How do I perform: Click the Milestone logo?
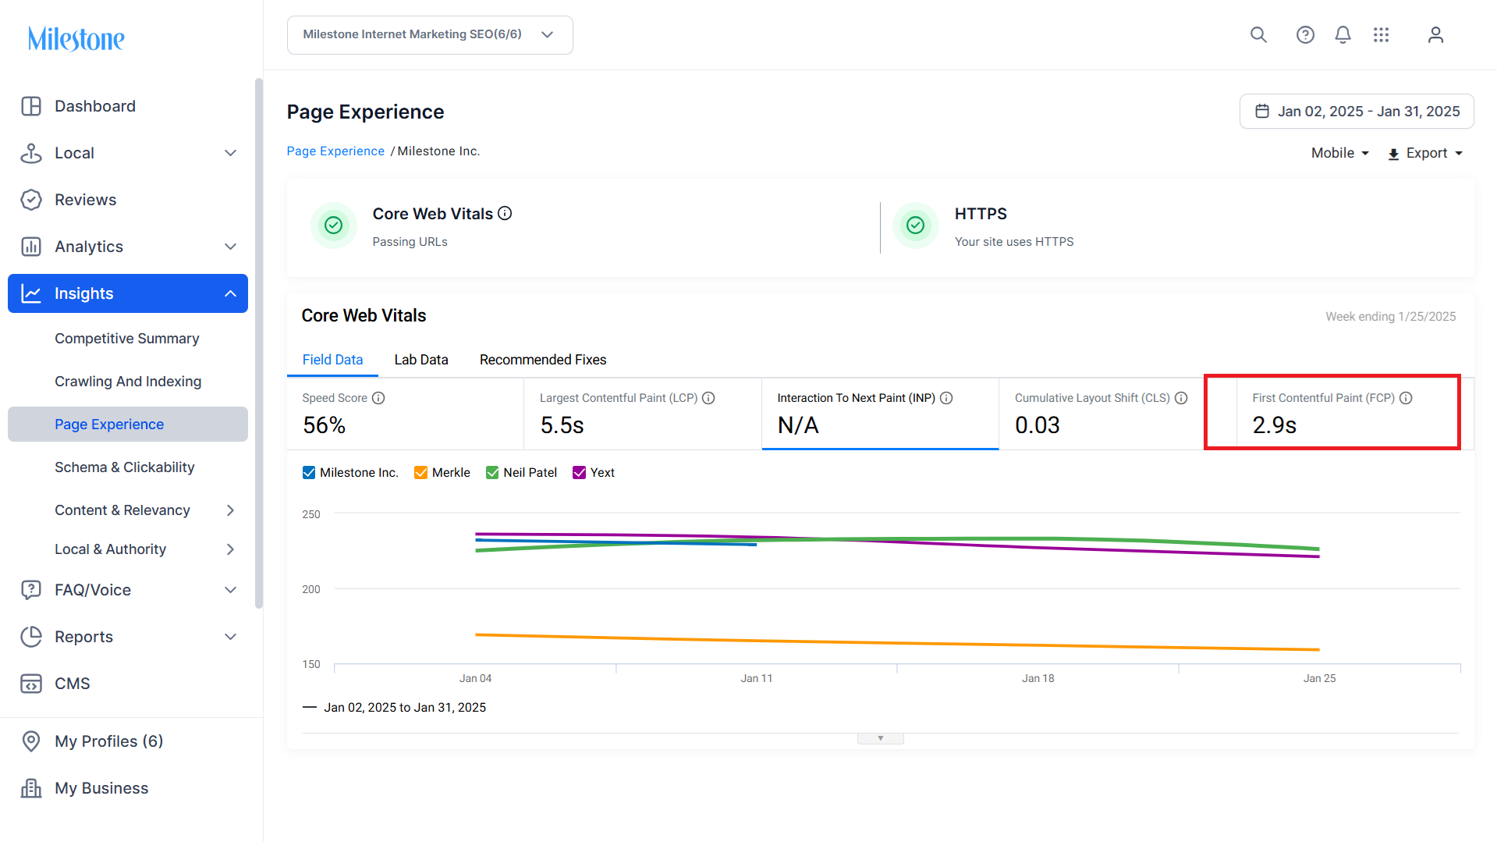pyautogui.click(x=76, y=38)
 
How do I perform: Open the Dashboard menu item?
pyautogui.click(x=94, y=106)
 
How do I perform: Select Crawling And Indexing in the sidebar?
pyautogui.click(x=128, y=382)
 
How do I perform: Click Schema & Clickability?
pyautogui.click(x=125, y=467)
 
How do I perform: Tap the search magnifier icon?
pyautogui.click(x=1258, y=35)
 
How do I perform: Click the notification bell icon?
pyautogui.click(x=1343, y=35)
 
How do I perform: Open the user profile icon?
pyautogui.click(x=1435, y=35)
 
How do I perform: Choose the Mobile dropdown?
pyautogui.click(x=1340, y=153)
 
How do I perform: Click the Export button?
pyautogui.click(x=1425, y=153)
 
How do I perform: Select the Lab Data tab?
pyautogui.click(x=421, y=360)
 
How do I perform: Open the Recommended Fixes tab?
pyautogui.click(x=543, y=360)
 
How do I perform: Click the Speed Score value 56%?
pyautogui.click(x=325, y=425)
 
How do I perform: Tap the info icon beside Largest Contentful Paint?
pyautogui.click(x=708, y=398)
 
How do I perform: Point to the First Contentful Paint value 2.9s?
pyautogui.click(x=1275, y=425)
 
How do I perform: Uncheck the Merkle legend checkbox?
pyautogui.click(x=420, y=473)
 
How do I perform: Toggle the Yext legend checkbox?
pyautogui.click(x=579, y=473)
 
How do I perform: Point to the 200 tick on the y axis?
pyautogui.click(x=311, y=589)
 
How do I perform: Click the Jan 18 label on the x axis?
pyautogui.click(x=1038, y=678)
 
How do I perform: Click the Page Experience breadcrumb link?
pyautogui.click(x=335, y=151)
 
